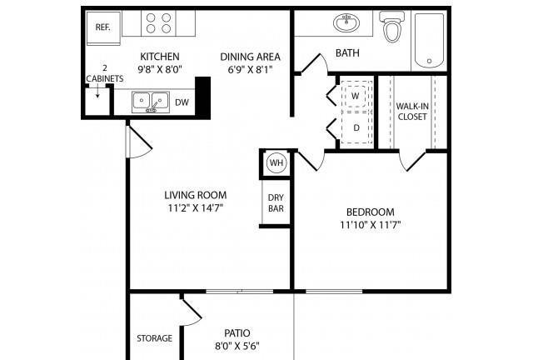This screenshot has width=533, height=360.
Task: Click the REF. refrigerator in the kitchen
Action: point(103,28)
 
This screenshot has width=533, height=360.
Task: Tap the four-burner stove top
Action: point(158,23)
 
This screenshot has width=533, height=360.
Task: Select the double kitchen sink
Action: point(151,102)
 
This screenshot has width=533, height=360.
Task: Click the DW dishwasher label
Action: point(182,102)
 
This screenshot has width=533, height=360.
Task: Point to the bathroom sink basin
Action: point(346,23)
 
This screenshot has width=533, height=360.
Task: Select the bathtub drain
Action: point(430,61)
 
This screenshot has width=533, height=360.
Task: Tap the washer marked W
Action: point(356,96)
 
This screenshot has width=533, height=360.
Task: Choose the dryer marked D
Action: point(356,127)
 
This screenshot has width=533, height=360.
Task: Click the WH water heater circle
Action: point(276,163)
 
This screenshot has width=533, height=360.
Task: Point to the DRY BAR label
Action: point(276,203)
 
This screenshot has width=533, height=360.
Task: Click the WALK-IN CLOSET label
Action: point(412,112)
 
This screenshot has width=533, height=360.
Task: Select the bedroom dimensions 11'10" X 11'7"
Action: point(371,225)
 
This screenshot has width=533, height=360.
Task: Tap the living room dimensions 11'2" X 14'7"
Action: point(196,207)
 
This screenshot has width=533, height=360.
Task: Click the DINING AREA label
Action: point(251,57)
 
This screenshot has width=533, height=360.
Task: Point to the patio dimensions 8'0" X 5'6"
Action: point(237,347)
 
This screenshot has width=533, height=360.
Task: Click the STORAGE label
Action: point(155,338)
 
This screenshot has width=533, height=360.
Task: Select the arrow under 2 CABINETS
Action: point(97,91)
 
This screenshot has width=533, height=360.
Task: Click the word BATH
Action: point(347,53)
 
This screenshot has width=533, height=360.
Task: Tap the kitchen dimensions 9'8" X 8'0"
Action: point(160,70)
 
